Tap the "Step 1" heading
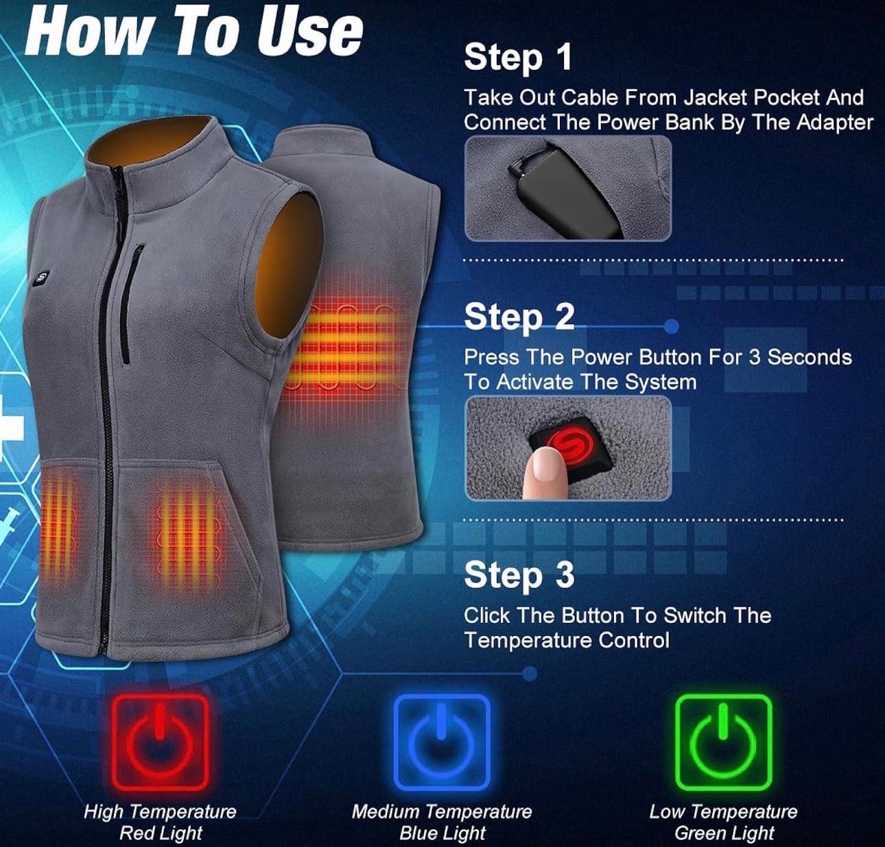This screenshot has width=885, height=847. click(518, 58)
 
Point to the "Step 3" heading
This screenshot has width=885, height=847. click(519, 575)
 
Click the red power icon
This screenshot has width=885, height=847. click(160, 743)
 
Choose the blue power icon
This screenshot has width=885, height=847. click(442, 743)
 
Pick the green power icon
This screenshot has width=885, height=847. click(723, 743)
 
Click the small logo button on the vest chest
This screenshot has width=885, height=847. click(42, 278)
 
